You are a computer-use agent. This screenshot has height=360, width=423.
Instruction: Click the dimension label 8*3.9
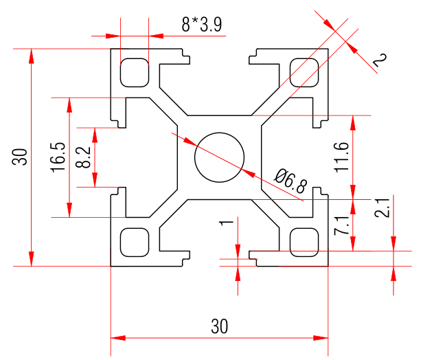pos(201,25)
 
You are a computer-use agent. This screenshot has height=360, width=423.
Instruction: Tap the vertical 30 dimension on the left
pos(21,157)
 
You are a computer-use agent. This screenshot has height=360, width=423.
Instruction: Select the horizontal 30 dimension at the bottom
pos(219,326)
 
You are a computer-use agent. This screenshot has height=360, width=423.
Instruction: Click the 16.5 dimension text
pos(58,157)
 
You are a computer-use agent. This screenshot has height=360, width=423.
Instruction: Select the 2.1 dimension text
pos(383,207)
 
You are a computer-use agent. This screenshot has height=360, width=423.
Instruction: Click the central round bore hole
pos(219,157)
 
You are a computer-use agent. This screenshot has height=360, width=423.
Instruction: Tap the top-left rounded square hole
pos(133,72)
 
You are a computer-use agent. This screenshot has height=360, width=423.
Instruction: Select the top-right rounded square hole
pos(305,72)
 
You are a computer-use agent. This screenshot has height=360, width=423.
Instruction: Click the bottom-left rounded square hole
pos(133,241)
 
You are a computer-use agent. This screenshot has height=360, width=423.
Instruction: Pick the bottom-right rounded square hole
pos(305,241)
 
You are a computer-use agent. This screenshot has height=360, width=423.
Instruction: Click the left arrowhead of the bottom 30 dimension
pos(117,338)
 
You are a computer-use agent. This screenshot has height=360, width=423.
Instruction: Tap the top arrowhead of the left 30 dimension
pos(31,55)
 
